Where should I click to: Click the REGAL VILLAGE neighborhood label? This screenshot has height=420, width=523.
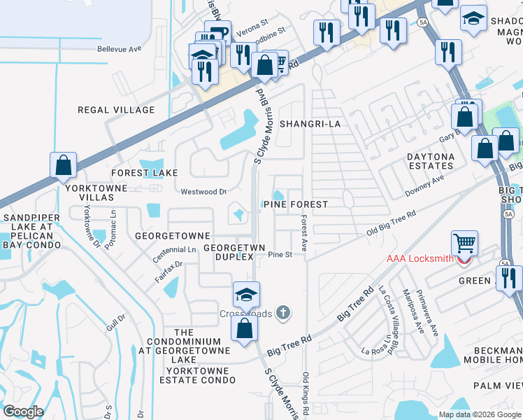point(116,110)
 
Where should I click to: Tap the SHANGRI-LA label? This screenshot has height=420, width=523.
point(309,124)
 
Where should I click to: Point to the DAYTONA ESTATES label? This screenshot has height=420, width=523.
point(431,161)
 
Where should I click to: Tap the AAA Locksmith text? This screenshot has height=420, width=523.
point(421,258)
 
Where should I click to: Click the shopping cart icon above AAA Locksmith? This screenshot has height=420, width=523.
point(464,244)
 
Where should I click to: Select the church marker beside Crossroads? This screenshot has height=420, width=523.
point(283,312)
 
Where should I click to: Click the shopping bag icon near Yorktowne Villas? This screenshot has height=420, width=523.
point(63,165)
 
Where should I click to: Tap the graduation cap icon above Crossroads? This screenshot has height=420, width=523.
point(246,294)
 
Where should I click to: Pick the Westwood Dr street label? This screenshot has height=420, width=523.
point(204,191)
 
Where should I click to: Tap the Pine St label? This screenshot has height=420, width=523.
point(280,255)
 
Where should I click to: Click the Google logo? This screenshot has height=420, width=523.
point(23,412)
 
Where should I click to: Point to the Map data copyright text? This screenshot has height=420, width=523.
point(478,414)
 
